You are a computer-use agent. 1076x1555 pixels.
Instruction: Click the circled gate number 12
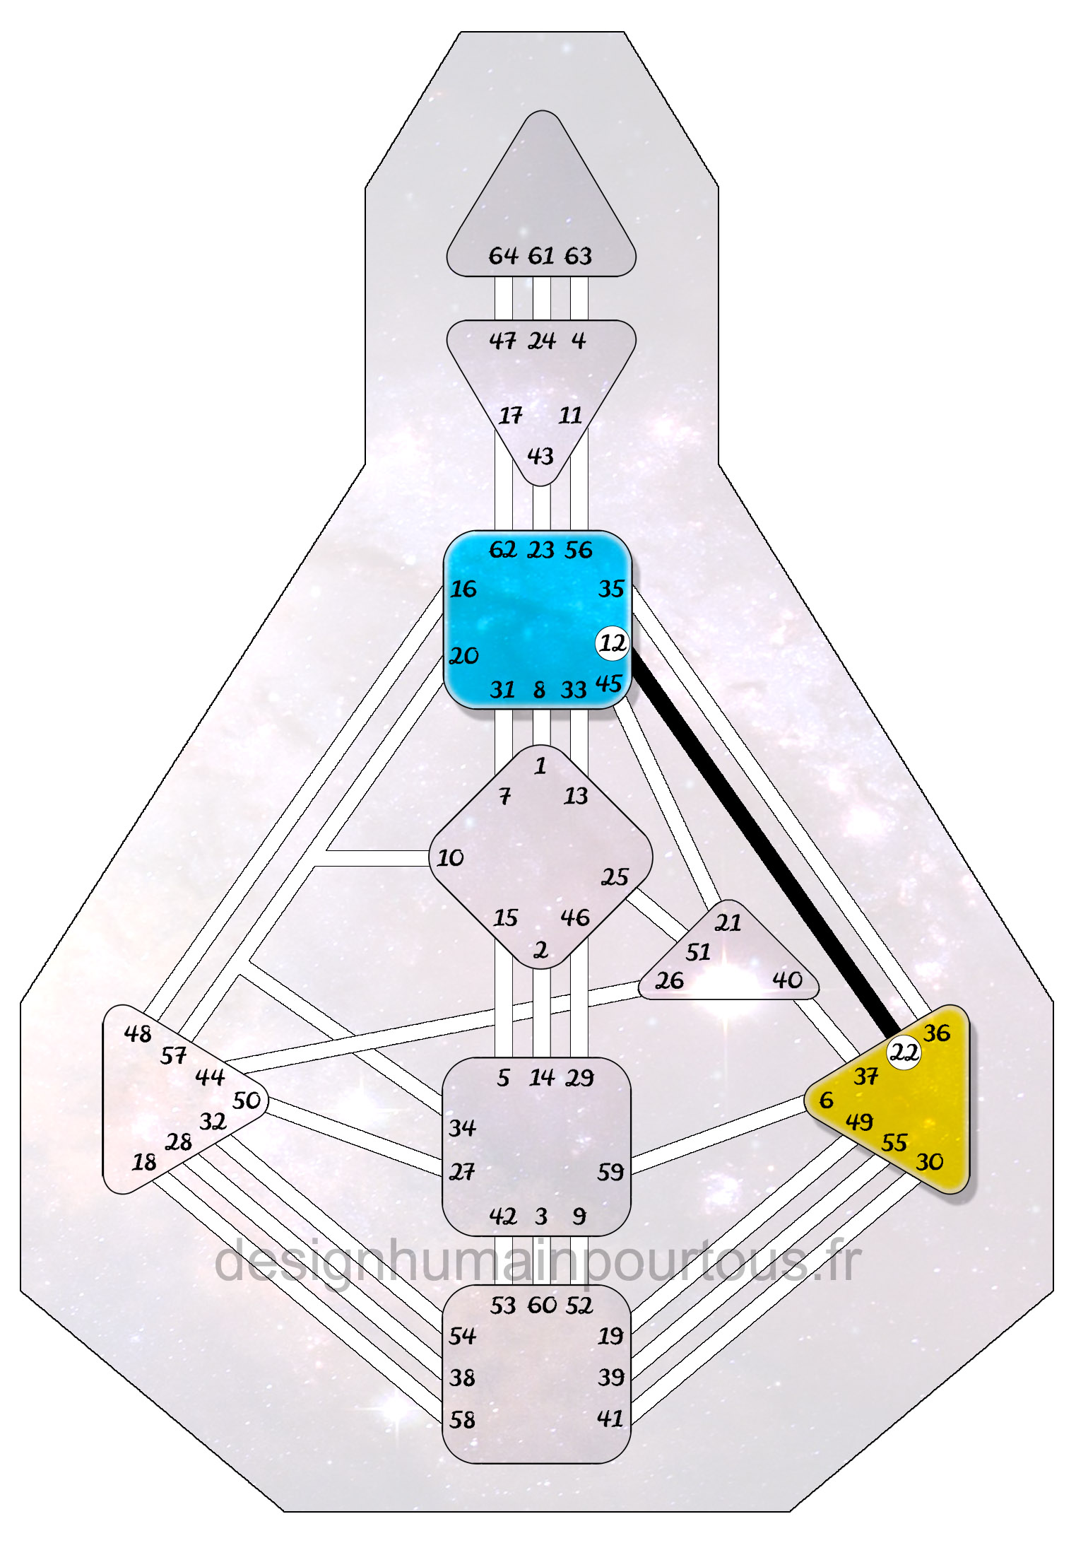[612, 643]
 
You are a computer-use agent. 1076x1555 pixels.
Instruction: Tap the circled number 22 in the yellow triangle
[904, 1053]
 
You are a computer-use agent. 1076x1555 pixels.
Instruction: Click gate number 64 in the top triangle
[503, 256]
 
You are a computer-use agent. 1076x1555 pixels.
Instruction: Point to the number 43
[540, 456]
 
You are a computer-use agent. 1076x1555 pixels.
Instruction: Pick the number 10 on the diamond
[450, 858]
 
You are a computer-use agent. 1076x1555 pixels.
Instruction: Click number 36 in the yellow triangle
[937, 1033]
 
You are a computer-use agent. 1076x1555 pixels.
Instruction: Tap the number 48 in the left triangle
[138, 1034]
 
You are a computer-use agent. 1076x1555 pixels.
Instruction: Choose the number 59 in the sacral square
[610, 1173]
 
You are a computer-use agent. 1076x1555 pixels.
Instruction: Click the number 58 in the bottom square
[462, 1419]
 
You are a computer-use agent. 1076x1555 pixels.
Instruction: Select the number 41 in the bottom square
[610, 1418]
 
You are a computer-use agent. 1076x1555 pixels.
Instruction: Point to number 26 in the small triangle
[669, 980]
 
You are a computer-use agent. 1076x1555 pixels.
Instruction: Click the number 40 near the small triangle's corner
[787, 980]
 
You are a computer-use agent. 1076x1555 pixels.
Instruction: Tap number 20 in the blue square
[464, 656]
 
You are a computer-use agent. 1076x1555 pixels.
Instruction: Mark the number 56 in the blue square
[578, 550]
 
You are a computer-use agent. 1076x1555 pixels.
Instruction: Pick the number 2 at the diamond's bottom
[540, 950]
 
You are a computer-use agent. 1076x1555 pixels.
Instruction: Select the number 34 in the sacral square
[462, 1127]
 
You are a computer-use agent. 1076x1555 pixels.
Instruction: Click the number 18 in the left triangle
[144, 1162]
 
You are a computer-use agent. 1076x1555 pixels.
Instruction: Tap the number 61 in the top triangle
[541, 256]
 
